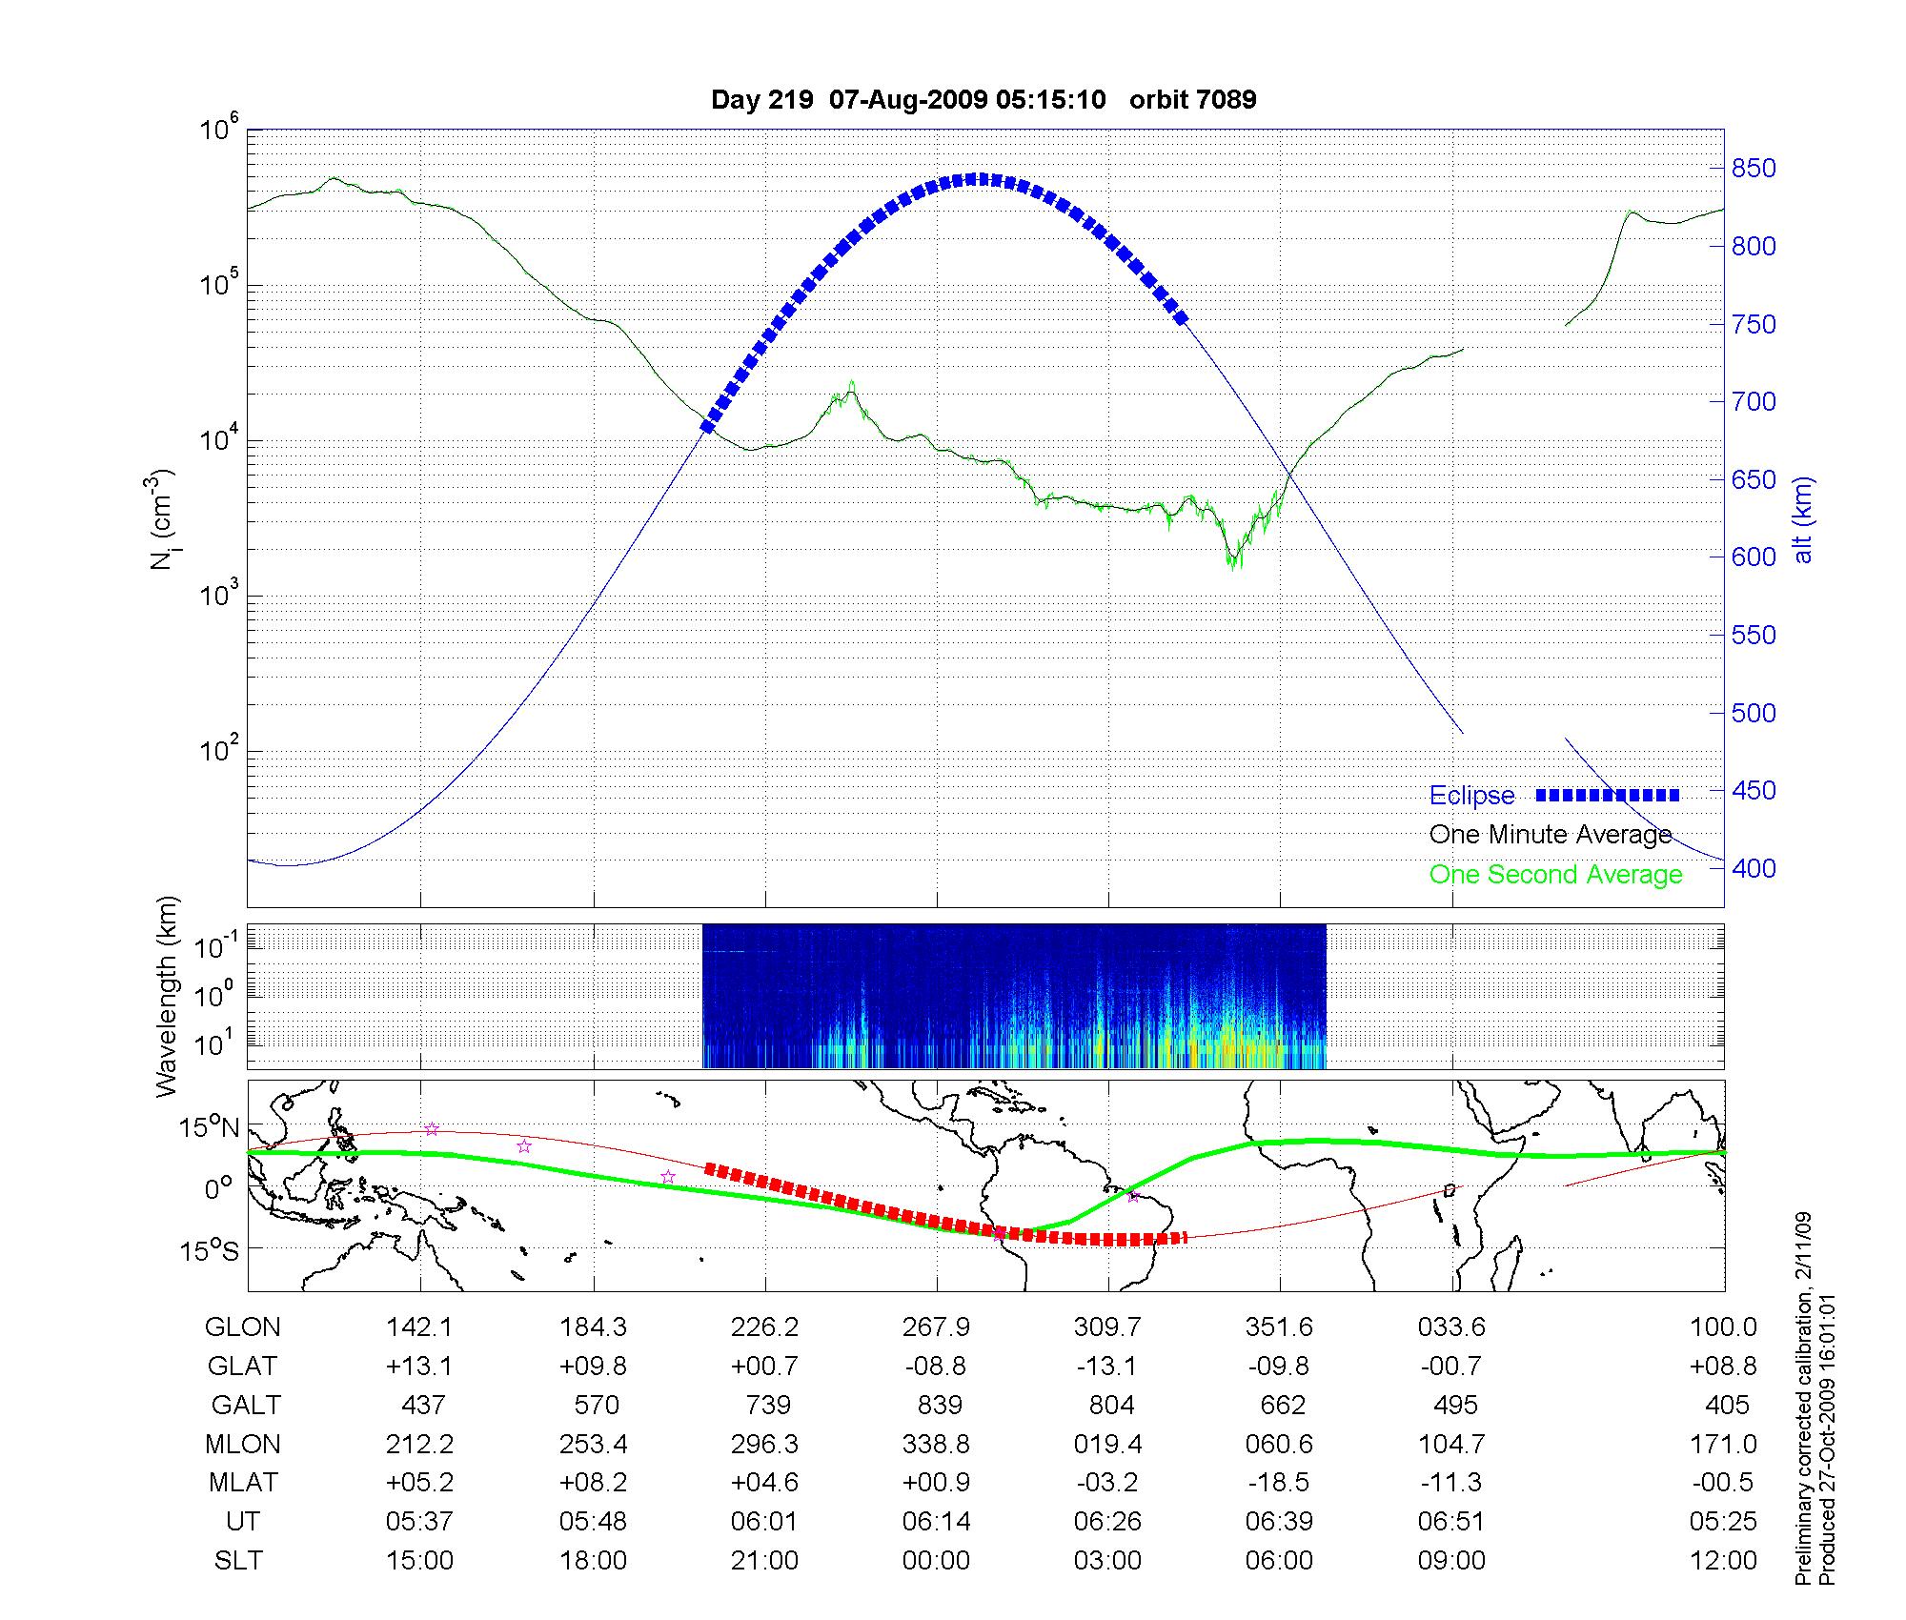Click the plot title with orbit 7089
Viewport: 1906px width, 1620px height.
[983, 99]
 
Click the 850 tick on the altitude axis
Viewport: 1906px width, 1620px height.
[1754, 169]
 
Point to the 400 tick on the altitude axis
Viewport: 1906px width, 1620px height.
[1754, 868]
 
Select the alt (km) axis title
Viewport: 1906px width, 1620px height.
[1803, 519]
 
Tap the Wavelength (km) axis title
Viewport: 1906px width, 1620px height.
[168, 996]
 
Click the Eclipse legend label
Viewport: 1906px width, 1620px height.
[1471, 796]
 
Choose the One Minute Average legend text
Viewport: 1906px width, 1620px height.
[1551, 835]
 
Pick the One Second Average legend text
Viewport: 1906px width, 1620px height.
[1555, 875]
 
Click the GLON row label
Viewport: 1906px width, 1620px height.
[243, 1327]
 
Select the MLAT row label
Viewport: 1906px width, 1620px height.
[243, 1483]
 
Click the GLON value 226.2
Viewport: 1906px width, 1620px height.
[764, 1327]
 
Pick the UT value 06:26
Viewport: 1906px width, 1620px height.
[1107, 1522]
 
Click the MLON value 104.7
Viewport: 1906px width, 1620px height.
[1451, 1445]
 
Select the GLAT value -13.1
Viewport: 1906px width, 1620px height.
[1106, 1367]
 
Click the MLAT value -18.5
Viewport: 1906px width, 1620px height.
[1279, 1483]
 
